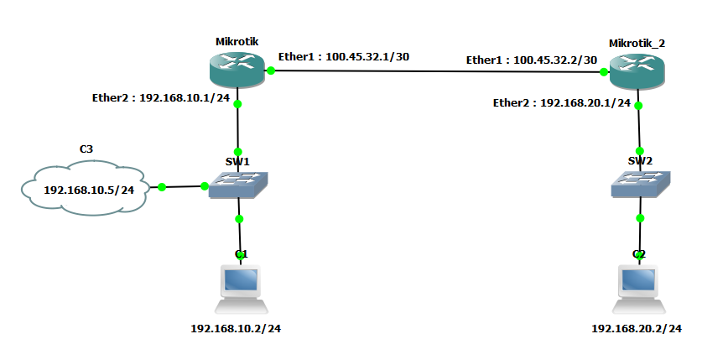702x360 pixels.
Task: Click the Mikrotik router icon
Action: (238, 70)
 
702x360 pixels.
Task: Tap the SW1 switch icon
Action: (238, 185)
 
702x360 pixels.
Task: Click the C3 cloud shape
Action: (85, 190)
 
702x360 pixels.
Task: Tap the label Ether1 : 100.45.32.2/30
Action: (532, 60)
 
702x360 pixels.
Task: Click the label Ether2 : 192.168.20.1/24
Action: (561, 103)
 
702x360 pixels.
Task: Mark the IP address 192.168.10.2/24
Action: (236, 328)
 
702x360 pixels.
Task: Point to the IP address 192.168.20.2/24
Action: (637, 328)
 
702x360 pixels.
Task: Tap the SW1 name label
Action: (239, 159)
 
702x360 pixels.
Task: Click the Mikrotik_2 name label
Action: (638, 42)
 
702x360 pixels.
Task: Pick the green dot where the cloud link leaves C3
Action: (162, 186)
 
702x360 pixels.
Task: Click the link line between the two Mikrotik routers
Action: (436, 71)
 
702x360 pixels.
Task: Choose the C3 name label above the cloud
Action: (86, 149)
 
